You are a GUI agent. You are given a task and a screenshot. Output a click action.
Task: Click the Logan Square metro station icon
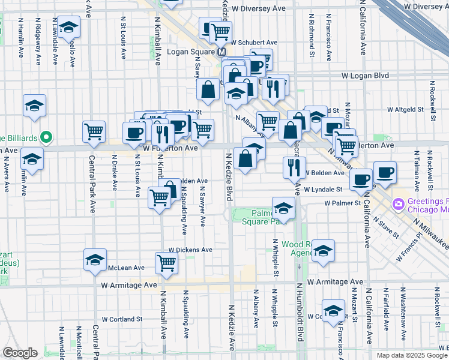(221, 52)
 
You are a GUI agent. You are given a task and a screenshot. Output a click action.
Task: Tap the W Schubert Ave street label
(255, 43)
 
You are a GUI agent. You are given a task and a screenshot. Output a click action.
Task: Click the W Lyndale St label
(323, 190)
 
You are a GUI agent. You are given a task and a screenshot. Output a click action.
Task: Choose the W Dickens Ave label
(190, 250)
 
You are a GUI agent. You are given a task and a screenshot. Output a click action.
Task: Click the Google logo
(20, 353)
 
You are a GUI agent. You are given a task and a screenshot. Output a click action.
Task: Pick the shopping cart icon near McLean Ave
(166, 262)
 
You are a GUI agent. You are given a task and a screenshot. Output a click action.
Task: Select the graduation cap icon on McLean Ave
(95, 259)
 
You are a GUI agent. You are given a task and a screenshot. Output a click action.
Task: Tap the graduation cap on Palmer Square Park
(283, 208)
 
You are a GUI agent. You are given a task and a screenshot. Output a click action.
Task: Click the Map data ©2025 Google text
(412, 355)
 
